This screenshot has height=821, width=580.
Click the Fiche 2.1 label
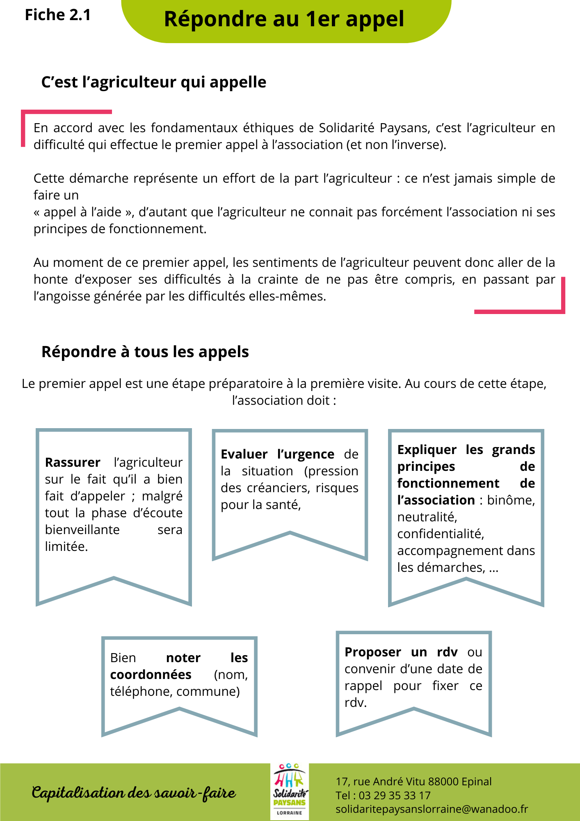point(58,15)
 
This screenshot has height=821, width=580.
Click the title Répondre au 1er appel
point(284,19)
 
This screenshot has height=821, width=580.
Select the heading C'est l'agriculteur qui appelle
point(154,82)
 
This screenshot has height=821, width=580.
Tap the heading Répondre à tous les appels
point(145,352)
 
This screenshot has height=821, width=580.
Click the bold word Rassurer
point(73,462)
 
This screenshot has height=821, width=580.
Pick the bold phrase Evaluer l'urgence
point(277,454)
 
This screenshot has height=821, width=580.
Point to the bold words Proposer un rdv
point(401,652)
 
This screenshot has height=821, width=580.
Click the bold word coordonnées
point(151,674)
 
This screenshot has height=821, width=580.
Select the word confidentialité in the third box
point(441,534)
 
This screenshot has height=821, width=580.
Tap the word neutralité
point(427,517)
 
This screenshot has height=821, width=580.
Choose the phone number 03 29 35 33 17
point(395,796)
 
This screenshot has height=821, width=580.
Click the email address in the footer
point(432,809)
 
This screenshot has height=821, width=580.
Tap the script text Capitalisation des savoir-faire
point(134,793)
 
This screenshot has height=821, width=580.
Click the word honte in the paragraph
point(51,280)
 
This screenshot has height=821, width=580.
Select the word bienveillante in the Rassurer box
point(82,530)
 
